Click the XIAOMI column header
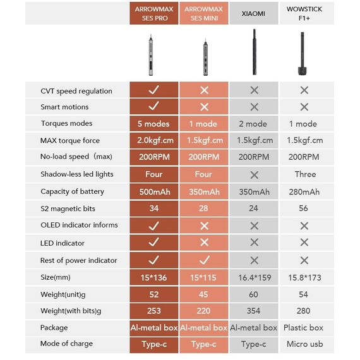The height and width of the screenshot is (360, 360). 253,13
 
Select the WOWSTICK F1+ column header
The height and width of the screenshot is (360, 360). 304,13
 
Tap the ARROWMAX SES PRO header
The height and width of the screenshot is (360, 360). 154,13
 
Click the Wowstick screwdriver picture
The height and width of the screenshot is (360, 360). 302,54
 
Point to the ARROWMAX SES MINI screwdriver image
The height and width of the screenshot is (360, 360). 205,57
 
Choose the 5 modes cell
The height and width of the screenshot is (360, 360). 153,124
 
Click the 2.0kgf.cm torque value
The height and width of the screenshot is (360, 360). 155,140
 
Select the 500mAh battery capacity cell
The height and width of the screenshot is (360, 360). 155,192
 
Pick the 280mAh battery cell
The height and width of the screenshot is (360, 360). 304,192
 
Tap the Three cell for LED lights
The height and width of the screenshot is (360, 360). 305,174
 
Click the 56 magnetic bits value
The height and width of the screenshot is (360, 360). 303,208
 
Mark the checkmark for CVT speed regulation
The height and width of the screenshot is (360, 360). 153,90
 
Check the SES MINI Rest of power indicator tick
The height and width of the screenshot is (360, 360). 205,260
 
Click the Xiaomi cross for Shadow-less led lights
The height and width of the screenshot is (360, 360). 255,175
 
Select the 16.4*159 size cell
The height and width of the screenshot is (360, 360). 255,277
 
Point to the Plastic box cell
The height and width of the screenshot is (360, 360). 303,328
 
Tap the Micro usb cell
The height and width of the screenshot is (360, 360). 304,344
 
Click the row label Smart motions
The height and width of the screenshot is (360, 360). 64,107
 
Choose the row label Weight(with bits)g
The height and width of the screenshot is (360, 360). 71,311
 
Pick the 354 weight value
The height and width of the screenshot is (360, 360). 253,311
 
